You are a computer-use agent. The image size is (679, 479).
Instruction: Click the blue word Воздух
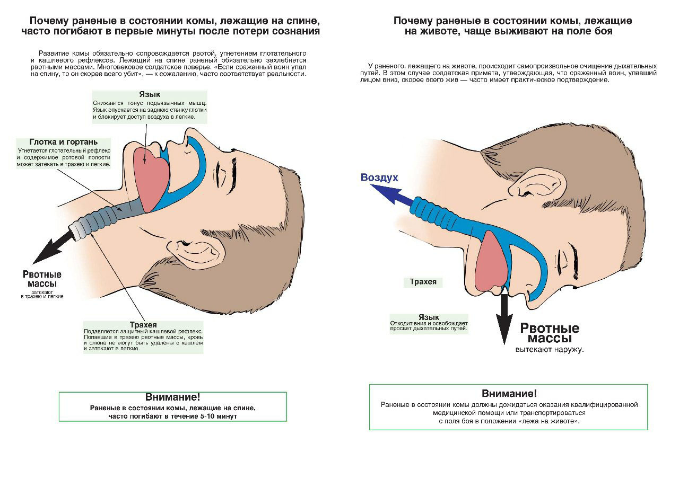coord(379,178)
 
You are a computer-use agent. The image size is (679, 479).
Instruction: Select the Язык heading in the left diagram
coord(150,94)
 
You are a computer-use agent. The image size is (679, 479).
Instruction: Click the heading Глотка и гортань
coord(63,142)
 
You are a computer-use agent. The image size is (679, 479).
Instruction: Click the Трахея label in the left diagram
coord(143,324)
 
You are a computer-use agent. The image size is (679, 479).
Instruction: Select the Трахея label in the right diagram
coord(423,282)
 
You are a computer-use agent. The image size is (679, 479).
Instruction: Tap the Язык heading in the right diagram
coord(429,317)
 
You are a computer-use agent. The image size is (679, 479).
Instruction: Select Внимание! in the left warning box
coord(172,397)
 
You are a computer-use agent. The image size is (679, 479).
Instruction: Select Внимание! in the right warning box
coord(509,393)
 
